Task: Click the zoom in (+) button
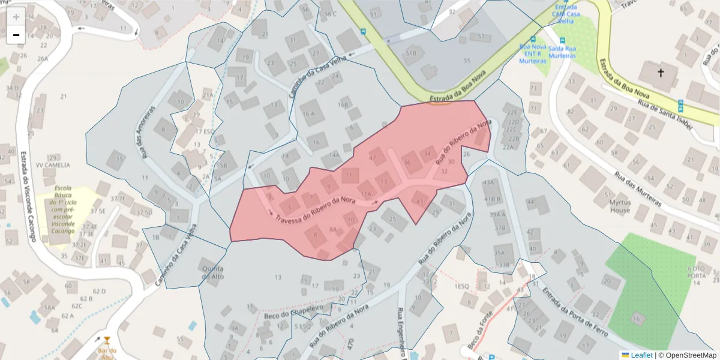(16, 17)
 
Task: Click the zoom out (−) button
(16, 35)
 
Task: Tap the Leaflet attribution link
(641, 355)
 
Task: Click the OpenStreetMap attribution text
(689, 355)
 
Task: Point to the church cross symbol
(661, 73)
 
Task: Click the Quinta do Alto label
(214, 272)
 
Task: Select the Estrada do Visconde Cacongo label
(28, 196)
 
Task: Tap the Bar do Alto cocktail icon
(107, 341)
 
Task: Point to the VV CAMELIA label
(53, 165)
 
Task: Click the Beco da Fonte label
(480, 335)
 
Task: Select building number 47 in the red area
(373, 158)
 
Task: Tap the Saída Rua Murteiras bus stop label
(562, 52)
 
